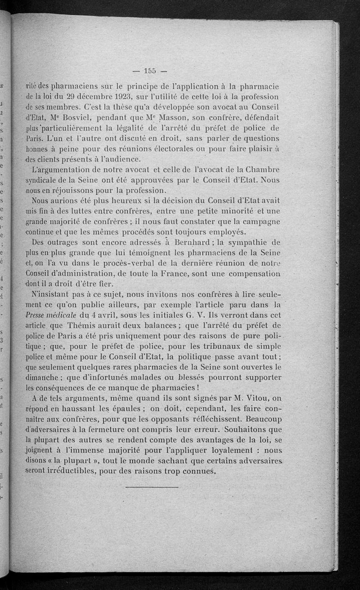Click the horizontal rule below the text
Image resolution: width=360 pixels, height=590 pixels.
[152, 487]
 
